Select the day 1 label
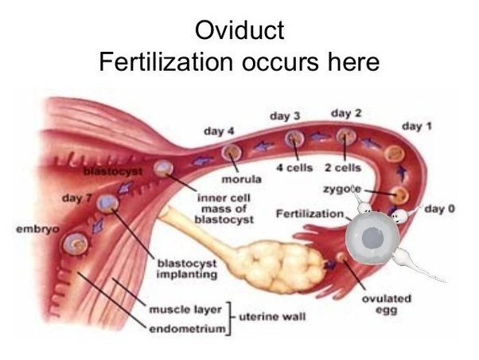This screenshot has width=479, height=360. coord(417,126)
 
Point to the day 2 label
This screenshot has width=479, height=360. coord(346,114)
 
